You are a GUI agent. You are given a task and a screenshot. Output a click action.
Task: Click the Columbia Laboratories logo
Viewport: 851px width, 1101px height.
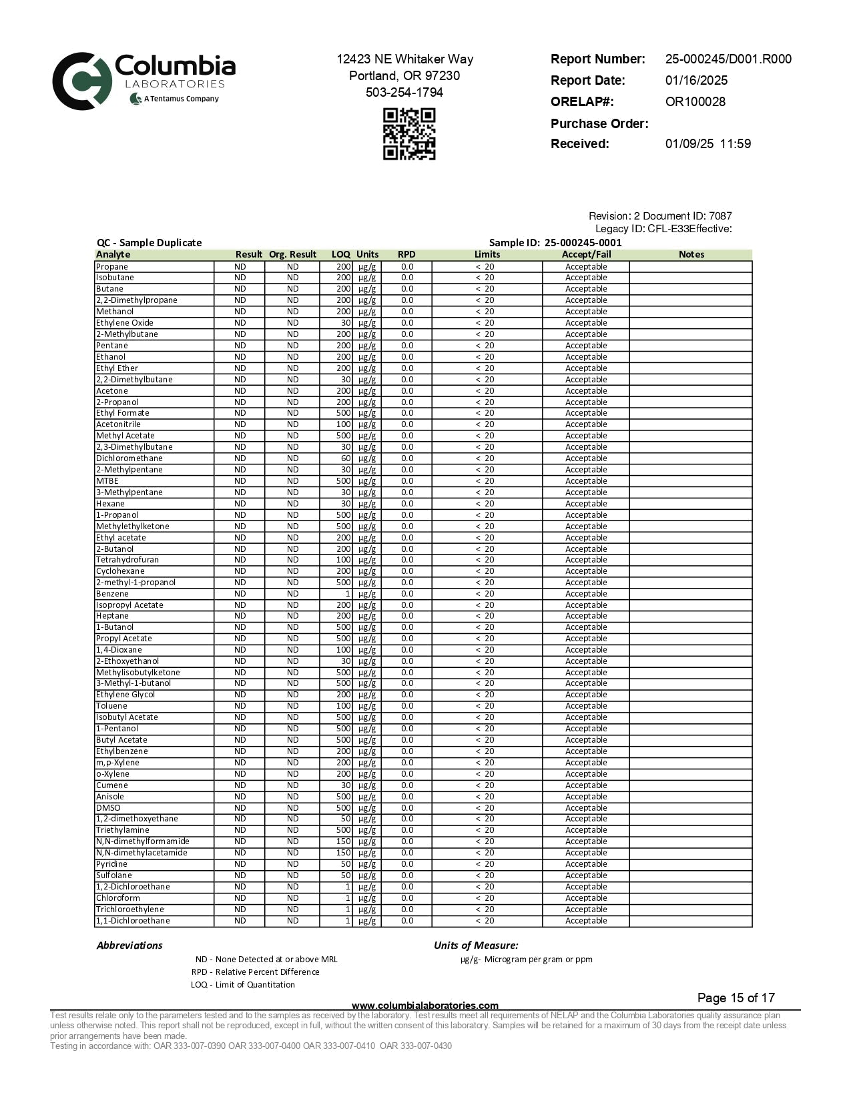coord(144,81)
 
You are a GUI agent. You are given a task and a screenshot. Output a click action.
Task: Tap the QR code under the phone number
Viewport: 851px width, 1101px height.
coord(409,134)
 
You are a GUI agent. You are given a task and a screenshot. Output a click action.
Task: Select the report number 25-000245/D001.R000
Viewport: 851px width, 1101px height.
coord(728,59)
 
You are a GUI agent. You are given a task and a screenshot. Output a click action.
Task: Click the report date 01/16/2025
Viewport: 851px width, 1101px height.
coord(696,81)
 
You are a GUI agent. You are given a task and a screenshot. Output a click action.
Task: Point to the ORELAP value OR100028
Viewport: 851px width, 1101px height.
coord(695,102)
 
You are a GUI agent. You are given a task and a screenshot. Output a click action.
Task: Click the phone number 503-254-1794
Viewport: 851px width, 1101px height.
coord(404,93)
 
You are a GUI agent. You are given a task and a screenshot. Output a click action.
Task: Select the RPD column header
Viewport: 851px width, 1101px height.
coord(406,254)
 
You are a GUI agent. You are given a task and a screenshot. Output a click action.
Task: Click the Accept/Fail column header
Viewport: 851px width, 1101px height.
coord(586,254)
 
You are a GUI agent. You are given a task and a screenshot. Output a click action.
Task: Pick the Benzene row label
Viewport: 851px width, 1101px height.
coord(112,594)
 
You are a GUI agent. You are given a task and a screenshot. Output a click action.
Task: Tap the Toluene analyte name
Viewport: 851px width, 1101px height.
coord(111,706)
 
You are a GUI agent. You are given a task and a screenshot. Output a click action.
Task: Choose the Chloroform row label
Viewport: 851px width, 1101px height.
coord(117,898)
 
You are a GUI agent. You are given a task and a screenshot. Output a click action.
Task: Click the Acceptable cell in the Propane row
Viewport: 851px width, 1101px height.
coord(586,267)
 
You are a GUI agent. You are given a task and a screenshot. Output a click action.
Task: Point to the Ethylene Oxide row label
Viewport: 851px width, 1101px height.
coord(124,323)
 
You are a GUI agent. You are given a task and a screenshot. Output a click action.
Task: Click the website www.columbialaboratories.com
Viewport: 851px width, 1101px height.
coord(424,1006)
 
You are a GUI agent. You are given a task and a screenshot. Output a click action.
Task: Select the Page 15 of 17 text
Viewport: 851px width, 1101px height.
coord(736,998)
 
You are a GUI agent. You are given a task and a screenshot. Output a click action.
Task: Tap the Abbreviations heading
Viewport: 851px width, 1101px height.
coord(129,946)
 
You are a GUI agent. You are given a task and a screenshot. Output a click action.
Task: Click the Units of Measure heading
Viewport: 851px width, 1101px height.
coord(476,946)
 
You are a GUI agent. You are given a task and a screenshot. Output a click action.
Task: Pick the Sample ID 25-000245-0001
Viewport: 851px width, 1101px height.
coord(583,243)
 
